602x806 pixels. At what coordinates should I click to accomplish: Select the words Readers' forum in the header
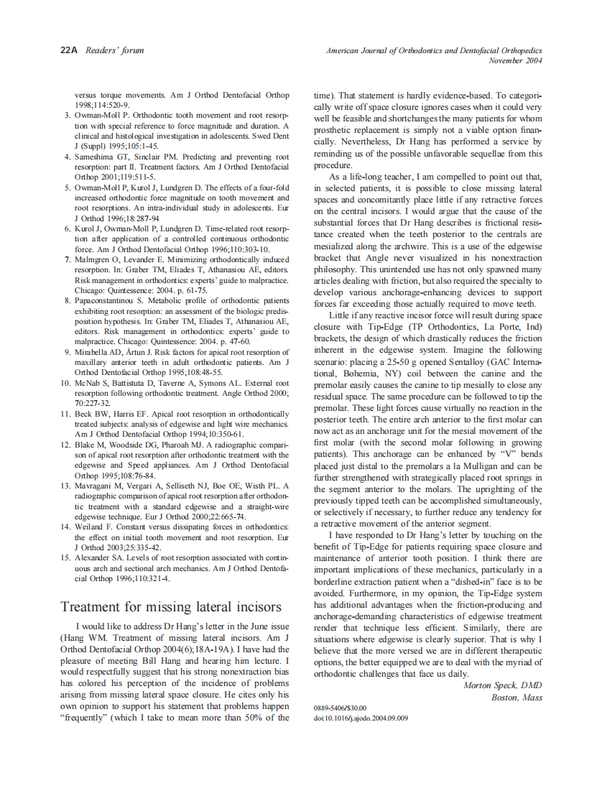114,50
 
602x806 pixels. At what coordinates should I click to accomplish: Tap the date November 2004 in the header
515,61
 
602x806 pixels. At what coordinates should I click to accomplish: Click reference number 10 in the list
65,384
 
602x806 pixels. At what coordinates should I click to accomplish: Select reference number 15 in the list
65,557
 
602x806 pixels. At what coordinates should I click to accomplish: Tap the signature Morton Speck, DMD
502,685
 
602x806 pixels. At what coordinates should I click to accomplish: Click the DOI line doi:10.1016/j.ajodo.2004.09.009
361,718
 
